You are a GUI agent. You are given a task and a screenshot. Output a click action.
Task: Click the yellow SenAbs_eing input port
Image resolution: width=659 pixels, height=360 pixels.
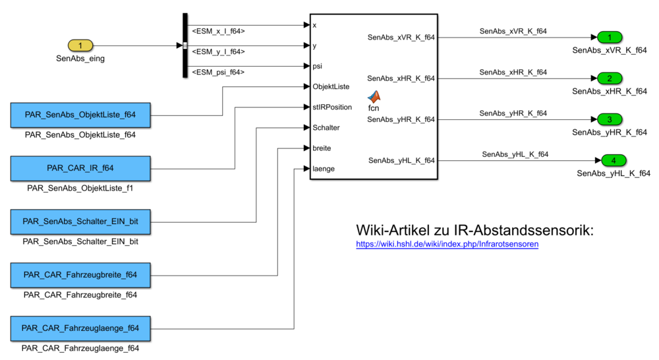pos(80,45)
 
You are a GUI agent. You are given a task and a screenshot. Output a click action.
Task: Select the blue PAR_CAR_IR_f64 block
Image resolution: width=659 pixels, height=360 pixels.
pos(80,168)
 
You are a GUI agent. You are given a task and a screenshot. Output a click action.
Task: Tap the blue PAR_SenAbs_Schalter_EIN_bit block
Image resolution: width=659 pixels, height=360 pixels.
pos(80,222)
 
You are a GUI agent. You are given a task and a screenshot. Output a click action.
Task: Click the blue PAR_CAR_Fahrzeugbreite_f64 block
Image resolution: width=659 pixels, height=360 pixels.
pos(80,274)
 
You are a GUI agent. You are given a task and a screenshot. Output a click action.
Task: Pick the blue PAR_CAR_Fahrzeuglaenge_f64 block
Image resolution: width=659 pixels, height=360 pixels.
pos(80,328)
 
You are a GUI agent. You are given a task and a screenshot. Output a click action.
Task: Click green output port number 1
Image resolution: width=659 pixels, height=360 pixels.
pos(610,37)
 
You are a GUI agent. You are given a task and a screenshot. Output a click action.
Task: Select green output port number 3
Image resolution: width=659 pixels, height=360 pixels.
pos(610,119)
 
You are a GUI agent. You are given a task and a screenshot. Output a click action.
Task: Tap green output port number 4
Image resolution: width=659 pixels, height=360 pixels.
pos(613,160)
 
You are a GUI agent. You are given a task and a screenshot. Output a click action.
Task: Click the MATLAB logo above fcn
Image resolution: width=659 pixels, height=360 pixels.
pos(374,97)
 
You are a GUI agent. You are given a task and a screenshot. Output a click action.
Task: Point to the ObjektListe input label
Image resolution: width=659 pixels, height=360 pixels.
pos(331,86)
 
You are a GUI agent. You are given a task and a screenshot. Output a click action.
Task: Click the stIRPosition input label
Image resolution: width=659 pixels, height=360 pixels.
pos(332,107)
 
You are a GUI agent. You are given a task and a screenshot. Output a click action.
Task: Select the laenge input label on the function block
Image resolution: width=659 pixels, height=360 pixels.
pos(324,169)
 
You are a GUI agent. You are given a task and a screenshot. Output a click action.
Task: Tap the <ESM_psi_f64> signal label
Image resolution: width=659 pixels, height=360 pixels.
pos(217,72)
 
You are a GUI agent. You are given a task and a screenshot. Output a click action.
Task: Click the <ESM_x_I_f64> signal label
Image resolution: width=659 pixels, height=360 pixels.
pos(218,31)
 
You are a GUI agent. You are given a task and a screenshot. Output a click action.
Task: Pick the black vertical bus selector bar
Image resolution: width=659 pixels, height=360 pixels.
pos(185,45)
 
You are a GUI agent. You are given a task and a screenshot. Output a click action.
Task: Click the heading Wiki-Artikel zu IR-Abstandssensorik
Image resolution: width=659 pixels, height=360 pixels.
pos(474,230)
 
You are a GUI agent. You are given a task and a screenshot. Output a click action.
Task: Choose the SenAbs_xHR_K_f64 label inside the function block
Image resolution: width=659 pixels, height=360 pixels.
pos(401,78)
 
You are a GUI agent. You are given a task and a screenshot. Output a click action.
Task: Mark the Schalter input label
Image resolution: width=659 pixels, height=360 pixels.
pos(326,127)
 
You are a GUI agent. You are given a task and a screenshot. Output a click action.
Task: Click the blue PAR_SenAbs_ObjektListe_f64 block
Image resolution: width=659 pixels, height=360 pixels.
pos(80,115)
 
